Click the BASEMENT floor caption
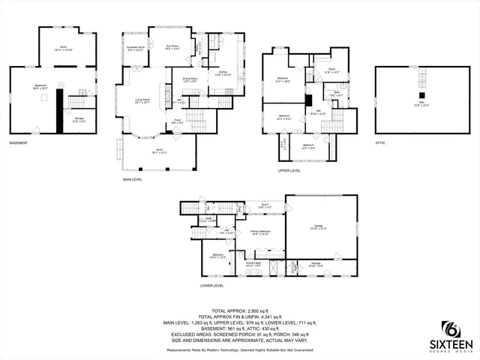pyautogui.click(x=19, y=142)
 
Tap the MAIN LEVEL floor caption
pyautogui.click(x=133, y=179)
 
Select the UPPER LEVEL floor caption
pyautogui.click(x=289, y=170)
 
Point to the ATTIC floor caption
pyautogui.click(x=380, y=142)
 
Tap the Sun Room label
pyautogui.click(x=172, y=48)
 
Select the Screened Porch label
pyautogui.click(x=136, y=48)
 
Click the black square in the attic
pyautogui.click(x=422, y=95)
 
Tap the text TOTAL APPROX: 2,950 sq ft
pyautogui.click(x=240, y=310)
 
